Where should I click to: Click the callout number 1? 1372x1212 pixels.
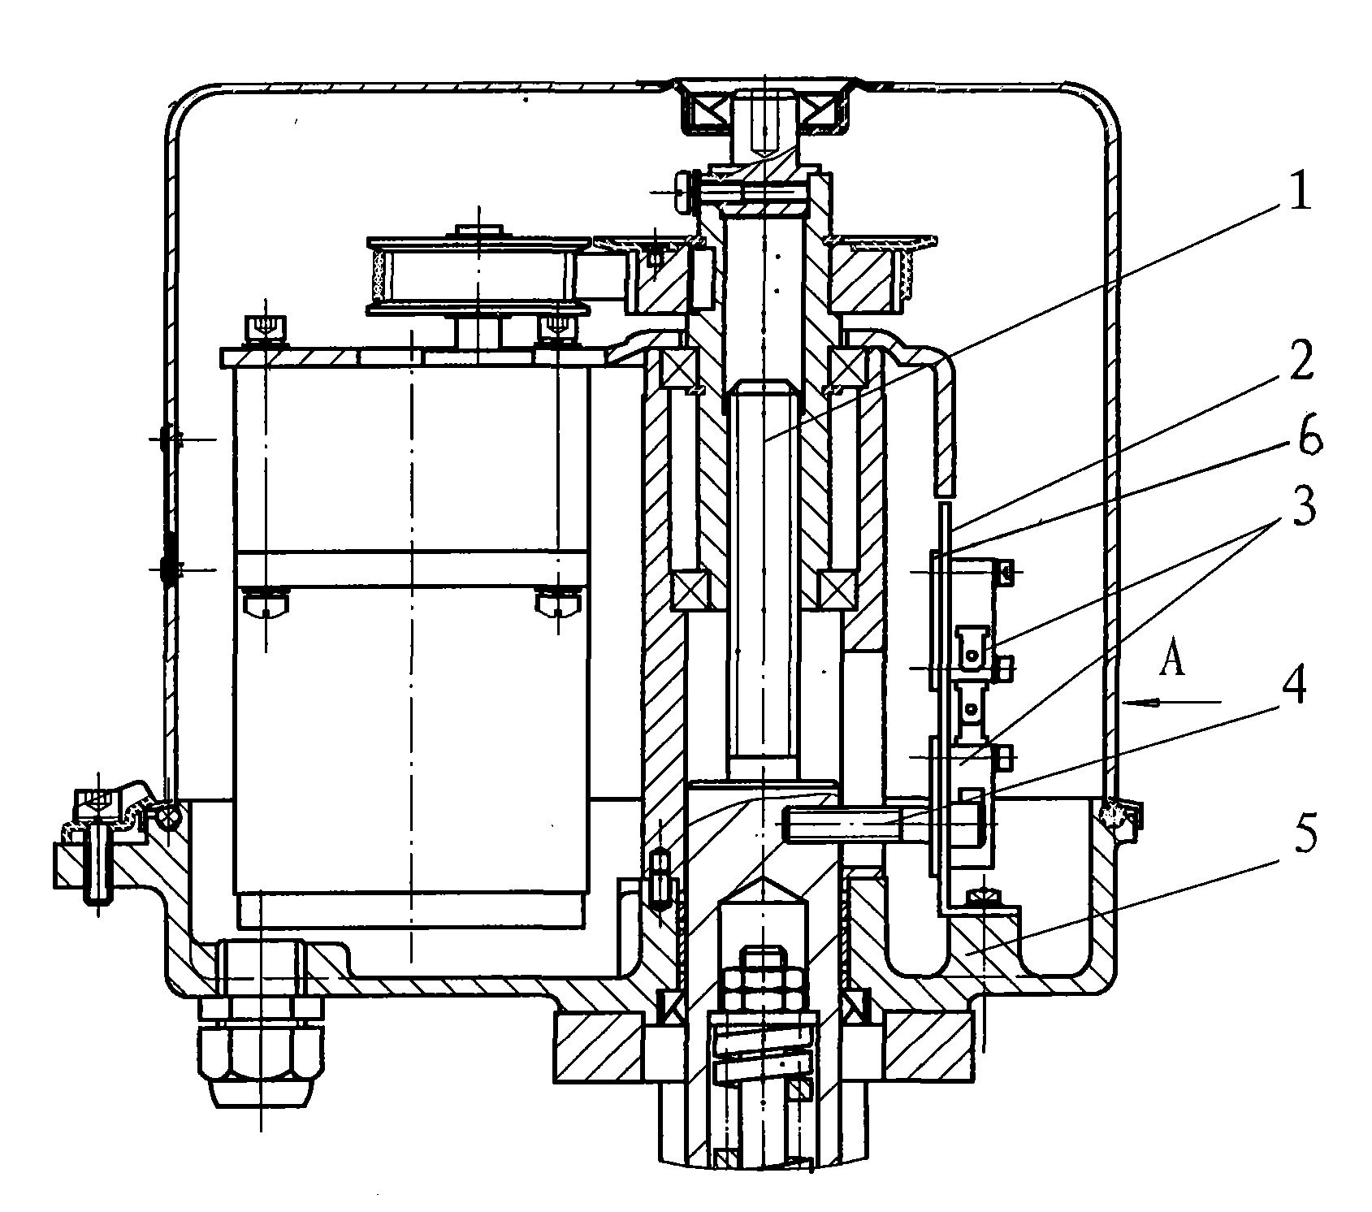1300,192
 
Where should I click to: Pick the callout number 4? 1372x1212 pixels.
1297,684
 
